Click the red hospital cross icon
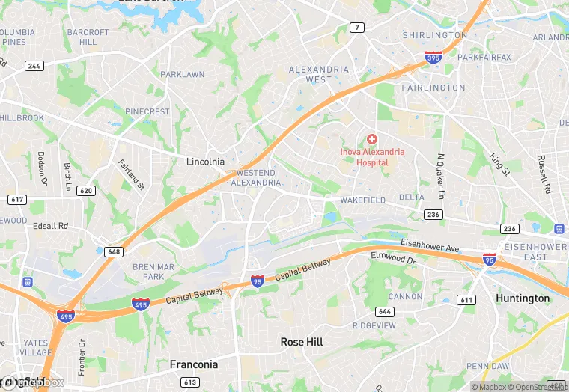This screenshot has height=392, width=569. click(x=372, y=139)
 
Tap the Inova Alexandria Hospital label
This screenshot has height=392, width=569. click(x=372, y=157)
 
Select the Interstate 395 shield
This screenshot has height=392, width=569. click(x=433, y=57)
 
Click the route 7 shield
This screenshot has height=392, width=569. click(x=357, y=28)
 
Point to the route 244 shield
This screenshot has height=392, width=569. click(x=34, y=66)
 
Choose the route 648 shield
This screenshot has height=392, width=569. click(x=115, y=251)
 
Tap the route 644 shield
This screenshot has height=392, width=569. click(x=384, y=311)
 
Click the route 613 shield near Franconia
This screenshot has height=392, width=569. click(x=190, y=382)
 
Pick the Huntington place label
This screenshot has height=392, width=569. click(x=523, y=298)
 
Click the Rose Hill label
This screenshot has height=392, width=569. click(x=302, y=341)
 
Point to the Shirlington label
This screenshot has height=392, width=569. click(x=435, y=35)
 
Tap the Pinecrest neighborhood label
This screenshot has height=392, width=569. click(x=147, y=111)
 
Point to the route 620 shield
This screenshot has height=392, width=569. click(x=86, y=191)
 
